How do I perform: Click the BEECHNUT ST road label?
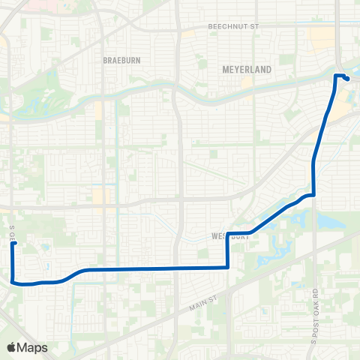pyautogui.click(x=232, y=26)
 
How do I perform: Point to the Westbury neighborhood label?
pyautogui.click(x=229, y=235)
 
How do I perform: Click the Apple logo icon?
pyautogui.click(x=12, y=346)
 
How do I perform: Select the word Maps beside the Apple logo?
pyautogui.click(x=33, y=346)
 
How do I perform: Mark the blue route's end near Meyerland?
pyautogui.click(x=346, y=79)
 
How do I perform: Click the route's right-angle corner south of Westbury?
pyautogui.click(x=227, y=267)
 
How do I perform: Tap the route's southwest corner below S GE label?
pyautogui.click(x=14, y=281)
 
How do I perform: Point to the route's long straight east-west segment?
pyautogui.click(x=150, y=268)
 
